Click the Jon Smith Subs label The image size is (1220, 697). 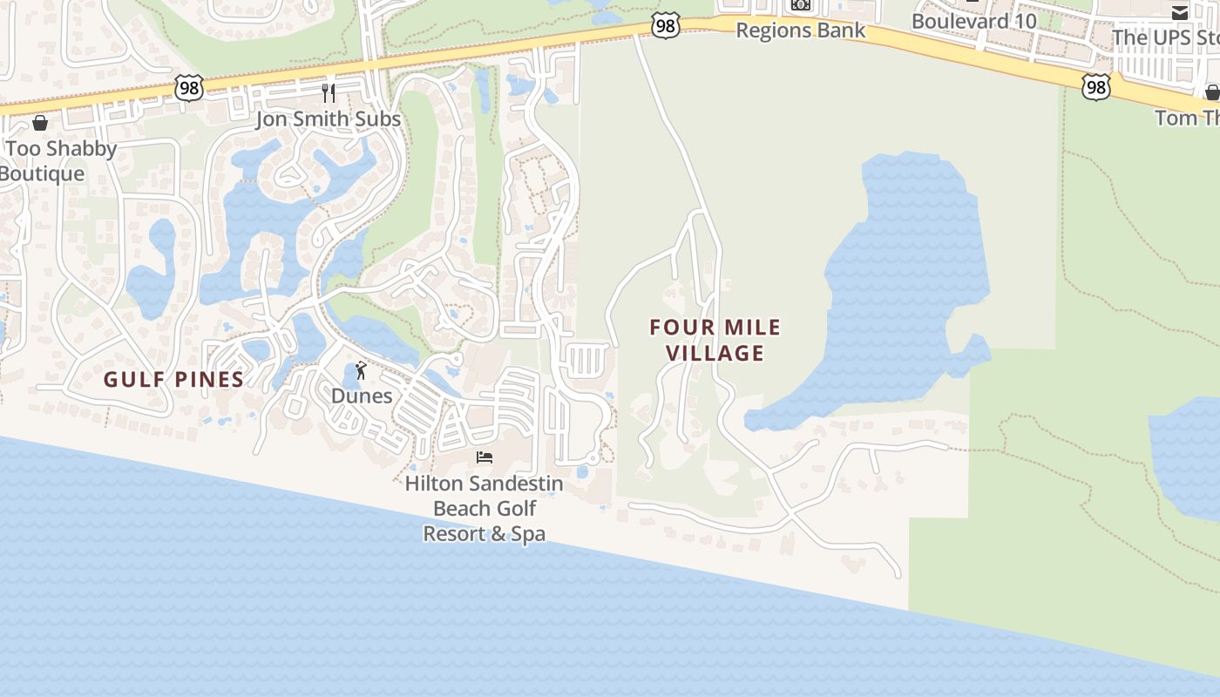coord(328,118)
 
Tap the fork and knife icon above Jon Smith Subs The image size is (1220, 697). coord(329,92)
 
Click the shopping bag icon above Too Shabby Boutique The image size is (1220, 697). coord(39,123)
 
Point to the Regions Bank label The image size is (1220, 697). coord(800,30)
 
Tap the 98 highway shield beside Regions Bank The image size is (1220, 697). coord(665,26)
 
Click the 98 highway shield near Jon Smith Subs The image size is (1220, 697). coord(188,87)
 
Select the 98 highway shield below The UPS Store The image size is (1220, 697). coord(1096,86)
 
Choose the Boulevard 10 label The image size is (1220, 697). coord(974,21)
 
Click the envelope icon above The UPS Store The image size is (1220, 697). coord(1179,12)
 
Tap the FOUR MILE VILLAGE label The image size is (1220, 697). coord(715,340)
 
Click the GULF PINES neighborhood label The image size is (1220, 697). coord(173,379)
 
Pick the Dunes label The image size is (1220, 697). coord(362,396)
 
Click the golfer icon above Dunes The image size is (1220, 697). coord(361,371)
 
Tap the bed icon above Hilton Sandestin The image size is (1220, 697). coord(485,457)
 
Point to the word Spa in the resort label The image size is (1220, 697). coord(528,533)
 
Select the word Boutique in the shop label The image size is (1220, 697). coord(42,173)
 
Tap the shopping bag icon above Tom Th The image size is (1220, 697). coord(1212,92)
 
